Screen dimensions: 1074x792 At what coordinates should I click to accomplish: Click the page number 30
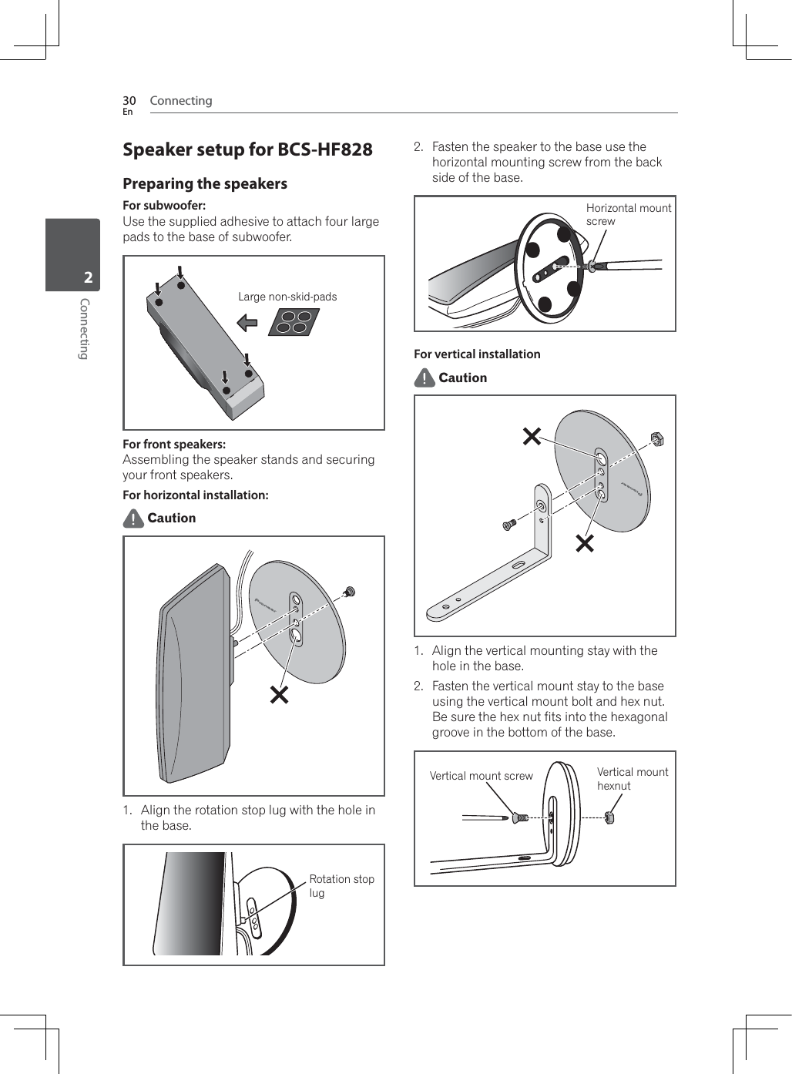(129, 101)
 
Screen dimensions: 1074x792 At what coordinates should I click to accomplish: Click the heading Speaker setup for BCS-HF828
(247, 149)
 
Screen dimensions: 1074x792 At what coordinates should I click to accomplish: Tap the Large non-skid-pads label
(287, 297)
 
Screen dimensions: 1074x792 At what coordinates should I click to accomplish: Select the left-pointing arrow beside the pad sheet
(247, 322)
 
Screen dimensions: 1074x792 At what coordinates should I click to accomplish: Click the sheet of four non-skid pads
(294, 322)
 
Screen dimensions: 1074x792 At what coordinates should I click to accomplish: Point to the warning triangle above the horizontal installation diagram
(133, 519)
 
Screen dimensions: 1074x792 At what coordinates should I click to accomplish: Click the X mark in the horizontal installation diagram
(279, 694)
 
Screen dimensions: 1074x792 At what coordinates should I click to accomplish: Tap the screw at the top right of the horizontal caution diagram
(350, 592)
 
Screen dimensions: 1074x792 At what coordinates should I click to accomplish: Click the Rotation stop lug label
(341, 885)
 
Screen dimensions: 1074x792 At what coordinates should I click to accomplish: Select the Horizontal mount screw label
(628, 214)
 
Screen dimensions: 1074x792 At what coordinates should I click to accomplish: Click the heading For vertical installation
(477, 354)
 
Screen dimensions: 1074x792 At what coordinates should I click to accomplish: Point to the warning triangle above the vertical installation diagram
(424, 378)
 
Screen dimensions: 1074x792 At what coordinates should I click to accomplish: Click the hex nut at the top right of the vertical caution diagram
(657, 440)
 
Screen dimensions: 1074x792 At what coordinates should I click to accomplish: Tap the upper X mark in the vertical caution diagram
(532, 437)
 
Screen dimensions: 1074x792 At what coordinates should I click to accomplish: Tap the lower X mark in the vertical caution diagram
(585, 544)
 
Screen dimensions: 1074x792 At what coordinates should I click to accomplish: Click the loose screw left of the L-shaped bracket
(508, 525)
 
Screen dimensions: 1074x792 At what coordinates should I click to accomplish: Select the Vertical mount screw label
(481, 776)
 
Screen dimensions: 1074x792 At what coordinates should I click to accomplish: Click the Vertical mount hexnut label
(632, 779)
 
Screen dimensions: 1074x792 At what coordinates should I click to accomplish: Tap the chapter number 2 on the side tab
(88, 277)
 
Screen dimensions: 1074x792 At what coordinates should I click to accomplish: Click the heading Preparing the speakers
(205, 184)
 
